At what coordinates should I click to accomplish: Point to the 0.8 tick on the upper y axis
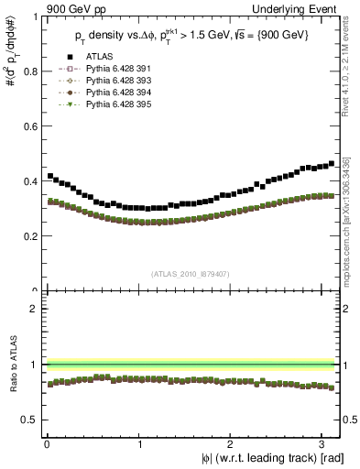30,71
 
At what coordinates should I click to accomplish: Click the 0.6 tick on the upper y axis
30,125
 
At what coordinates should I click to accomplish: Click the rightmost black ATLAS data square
331,164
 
